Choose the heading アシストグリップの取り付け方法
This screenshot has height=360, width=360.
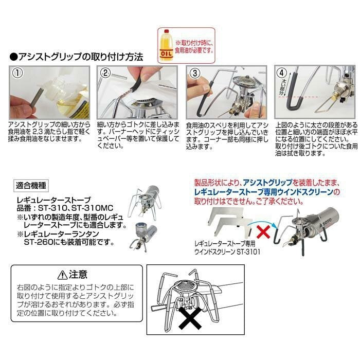coord(80,56)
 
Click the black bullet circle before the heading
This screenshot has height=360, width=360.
coord(13,56)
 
